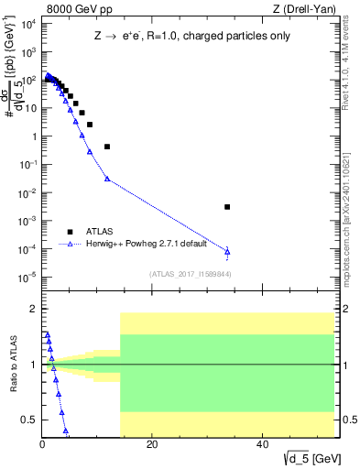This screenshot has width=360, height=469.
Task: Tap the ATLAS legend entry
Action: click(x=101, y=232)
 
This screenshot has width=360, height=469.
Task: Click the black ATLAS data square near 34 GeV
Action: click(x=227, y=207)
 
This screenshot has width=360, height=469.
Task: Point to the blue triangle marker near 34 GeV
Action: click(x=227, y=250)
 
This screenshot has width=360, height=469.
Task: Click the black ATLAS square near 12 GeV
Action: click(x=107, y=147)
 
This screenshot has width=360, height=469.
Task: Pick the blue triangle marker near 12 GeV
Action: click(x=107, y=179)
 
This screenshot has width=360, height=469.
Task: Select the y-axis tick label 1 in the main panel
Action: click(x=33, y=136)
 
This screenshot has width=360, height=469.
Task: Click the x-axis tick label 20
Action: click(x=152, y=447)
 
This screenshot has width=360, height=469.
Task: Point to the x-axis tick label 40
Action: click(x=263, y=447)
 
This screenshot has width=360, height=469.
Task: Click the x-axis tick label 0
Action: click(x=42, y=447)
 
